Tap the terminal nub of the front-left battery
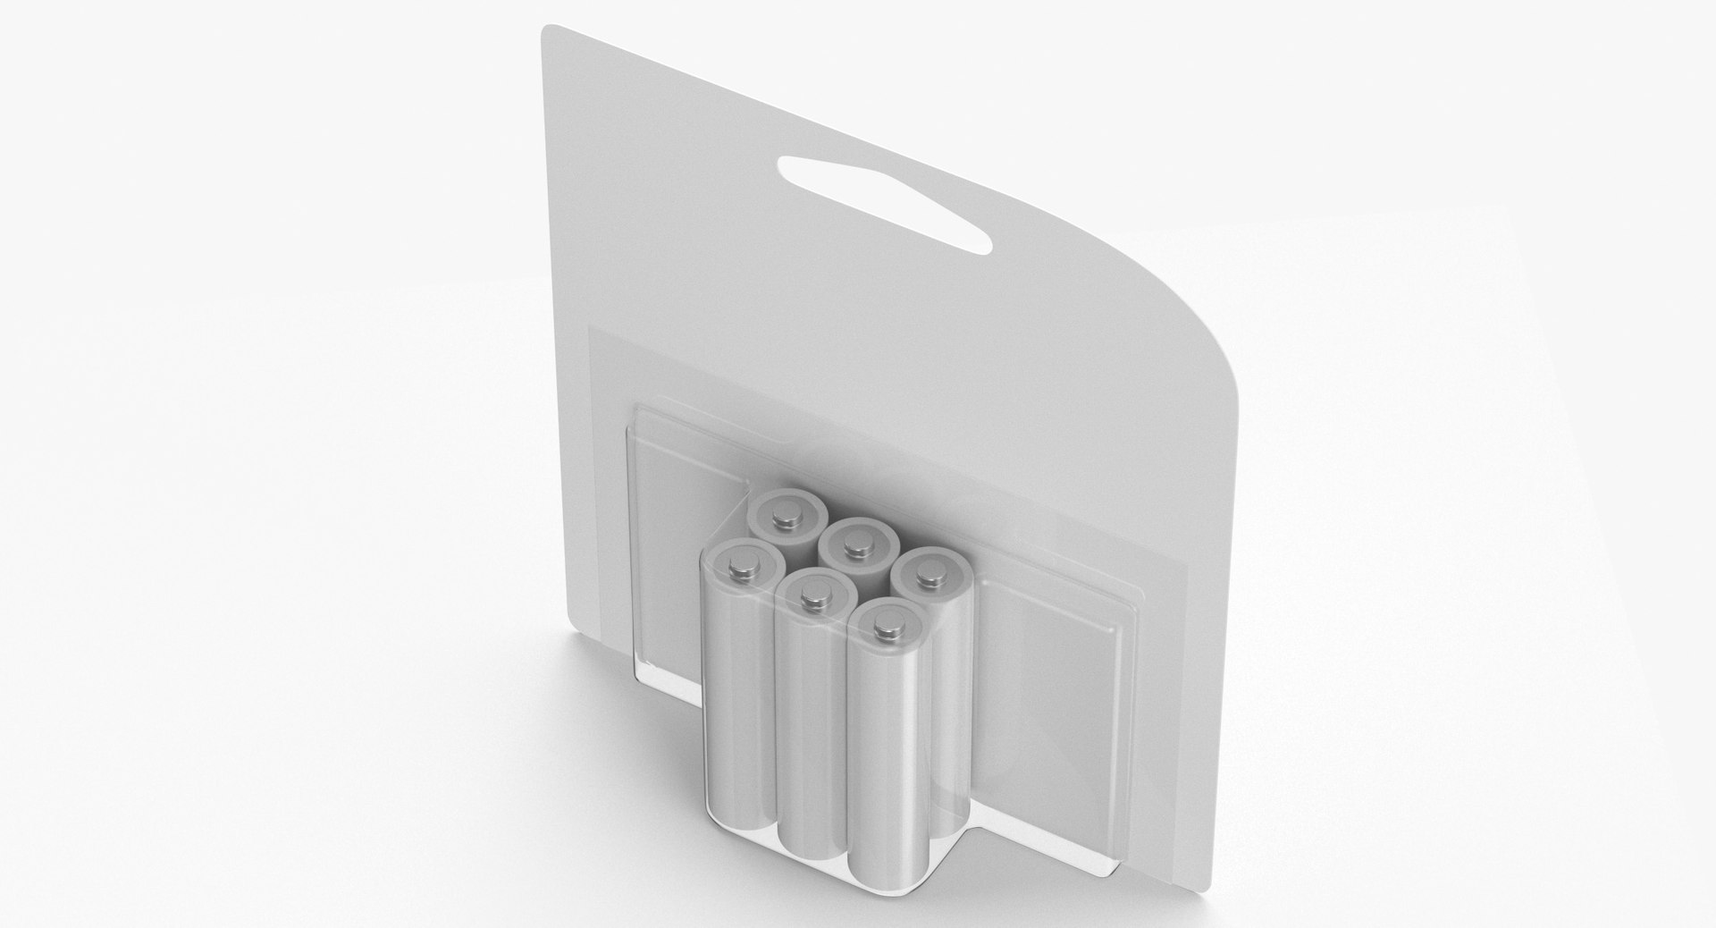point(742,565)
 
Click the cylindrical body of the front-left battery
point(739,679)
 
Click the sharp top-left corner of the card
point(545,29)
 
